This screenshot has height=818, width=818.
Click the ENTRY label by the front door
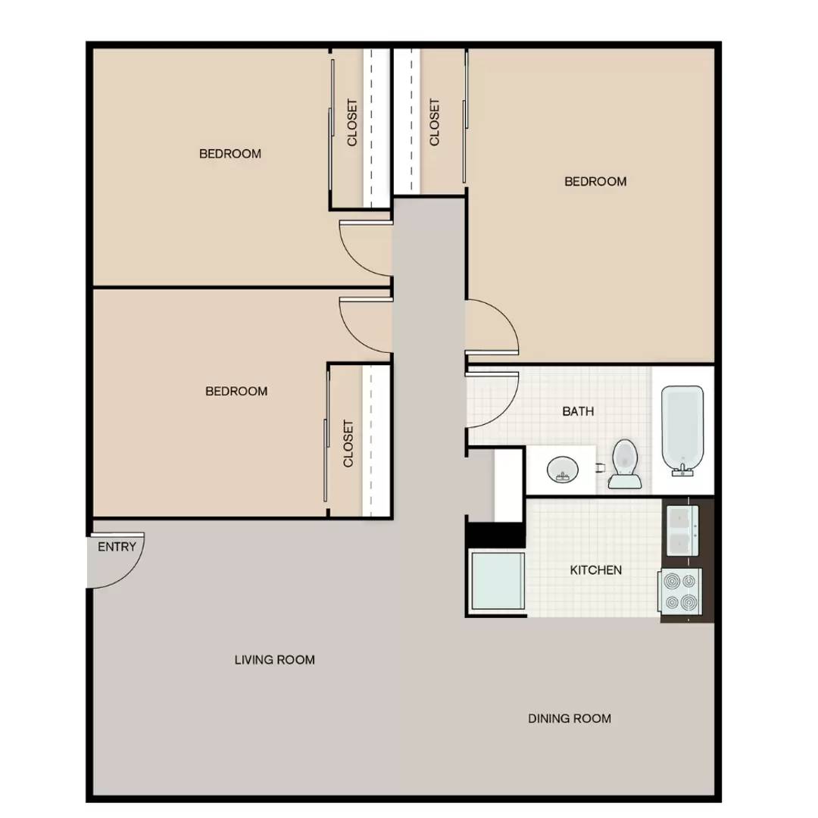[117, 547]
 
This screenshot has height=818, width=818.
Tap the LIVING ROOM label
[274, 660]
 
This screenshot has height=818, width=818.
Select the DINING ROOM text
[570, 718]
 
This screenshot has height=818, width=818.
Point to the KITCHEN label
[596, 570]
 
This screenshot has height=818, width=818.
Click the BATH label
[578, 411]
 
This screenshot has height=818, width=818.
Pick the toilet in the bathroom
[625, 464]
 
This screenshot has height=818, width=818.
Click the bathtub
[682, 430]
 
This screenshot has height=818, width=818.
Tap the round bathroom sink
[563, 470]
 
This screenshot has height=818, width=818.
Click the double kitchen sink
[683, 530]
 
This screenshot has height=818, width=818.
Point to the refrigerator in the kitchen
[497, 581]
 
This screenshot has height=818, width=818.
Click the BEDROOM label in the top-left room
[230, 154]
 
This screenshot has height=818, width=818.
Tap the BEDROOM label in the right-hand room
[596, 182]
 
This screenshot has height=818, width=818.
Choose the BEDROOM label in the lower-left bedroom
[236, 392]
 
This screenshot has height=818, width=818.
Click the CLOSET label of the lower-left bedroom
[348, 443]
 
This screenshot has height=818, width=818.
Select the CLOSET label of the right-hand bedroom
[435, 122]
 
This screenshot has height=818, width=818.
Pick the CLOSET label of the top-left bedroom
[352, 123]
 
